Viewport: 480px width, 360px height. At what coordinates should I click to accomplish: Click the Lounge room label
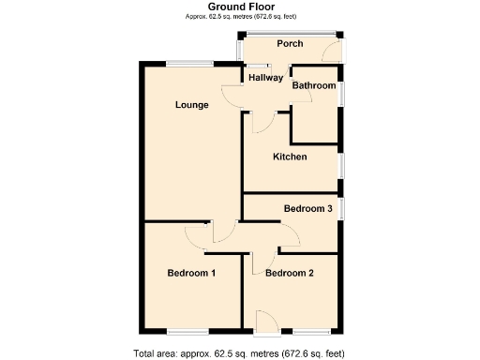click(191, 105)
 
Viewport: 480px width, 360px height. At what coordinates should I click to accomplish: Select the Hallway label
click(265, 78)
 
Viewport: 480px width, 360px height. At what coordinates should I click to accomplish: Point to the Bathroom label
click(313, 86)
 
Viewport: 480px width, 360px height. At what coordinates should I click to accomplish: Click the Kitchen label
click(290, 157)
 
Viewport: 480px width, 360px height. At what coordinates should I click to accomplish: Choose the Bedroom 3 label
click(308, 208)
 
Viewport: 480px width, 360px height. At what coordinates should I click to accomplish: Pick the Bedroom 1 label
click(191, 274)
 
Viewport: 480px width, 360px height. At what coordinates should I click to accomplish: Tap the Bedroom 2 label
click(289, 274)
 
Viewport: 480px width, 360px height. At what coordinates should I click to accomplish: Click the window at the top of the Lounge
click(191, 63)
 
